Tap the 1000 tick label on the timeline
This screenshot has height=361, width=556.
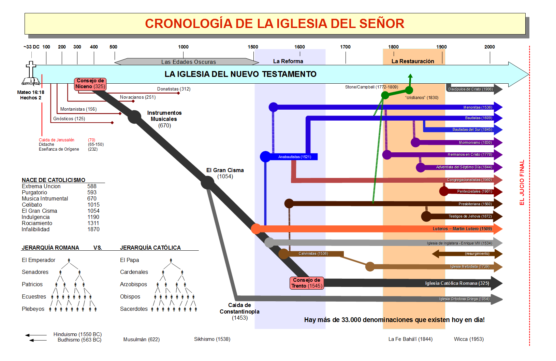coord(183,47)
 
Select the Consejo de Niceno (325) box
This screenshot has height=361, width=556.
coord(90,84)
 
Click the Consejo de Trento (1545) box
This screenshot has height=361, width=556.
coord(306,283)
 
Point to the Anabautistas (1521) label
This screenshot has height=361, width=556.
coord(294,157)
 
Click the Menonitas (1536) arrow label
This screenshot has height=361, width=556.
coord(478,107)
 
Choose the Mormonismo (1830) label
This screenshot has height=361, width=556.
coord(475,142)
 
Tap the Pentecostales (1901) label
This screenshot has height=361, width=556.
coord(474,191)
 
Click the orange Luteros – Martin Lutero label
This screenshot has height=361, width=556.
coord(462,229)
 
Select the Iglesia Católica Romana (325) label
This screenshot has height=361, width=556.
coord(457,283)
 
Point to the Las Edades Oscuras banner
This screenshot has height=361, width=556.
coord(188,62)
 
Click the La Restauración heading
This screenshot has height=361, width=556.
coord(413,61)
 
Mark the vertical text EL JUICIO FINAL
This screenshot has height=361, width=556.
coord(522,182)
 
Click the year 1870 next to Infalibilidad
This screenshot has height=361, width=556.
coord(93,230)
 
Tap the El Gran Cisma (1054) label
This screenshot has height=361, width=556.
coord(225,173)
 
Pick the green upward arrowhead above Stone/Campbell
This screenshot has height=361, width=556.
coord(410,76)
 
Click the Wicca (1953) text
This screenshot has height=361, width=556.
coord(468,339)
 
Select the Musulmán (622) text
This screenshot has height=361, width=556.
coord(141,339)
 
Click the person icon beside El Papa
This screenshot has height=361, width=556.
coord(171,260)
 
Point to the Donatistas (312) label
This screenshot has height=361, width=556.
coord(174,89)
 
